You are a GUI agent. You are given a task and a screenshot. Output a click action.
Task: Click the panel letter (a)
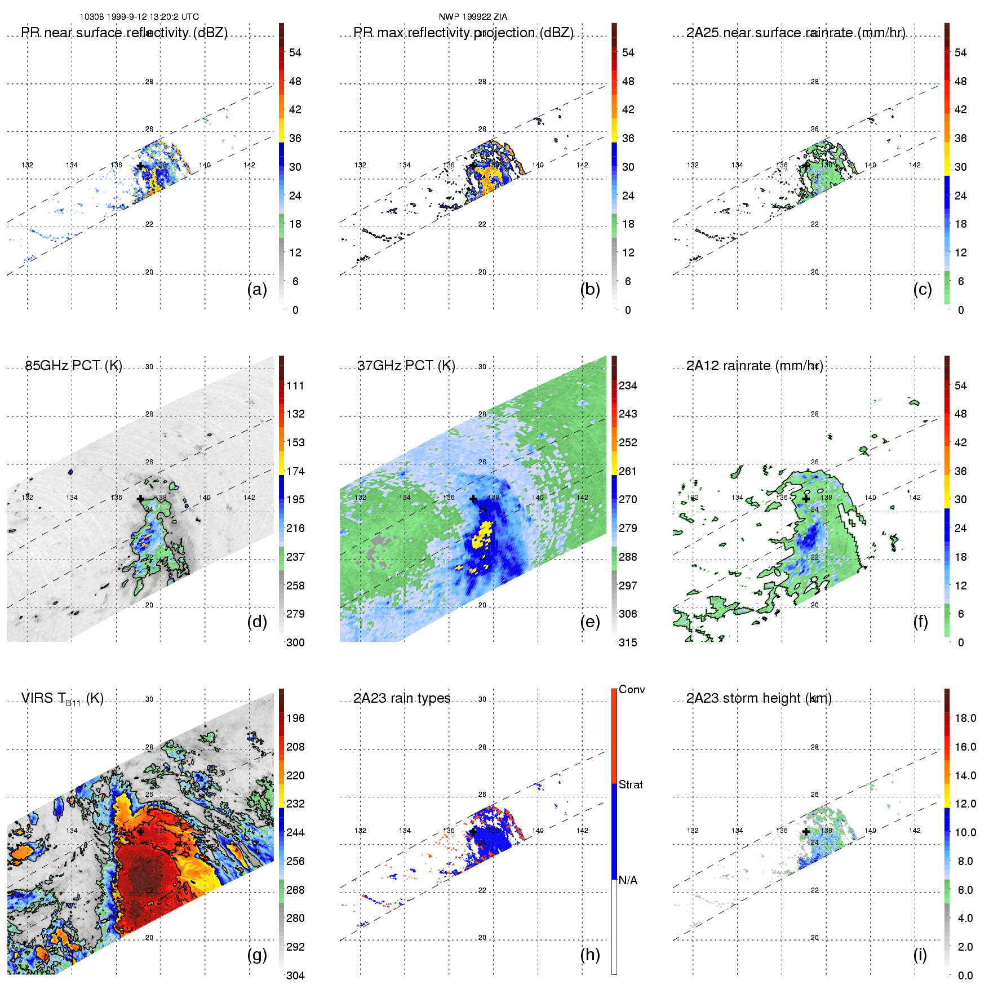pyautogui.click(x=257, y=289)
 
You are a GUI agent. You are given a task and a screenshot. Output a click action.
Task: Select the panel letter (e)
pyautogui.click(x=590, y=622)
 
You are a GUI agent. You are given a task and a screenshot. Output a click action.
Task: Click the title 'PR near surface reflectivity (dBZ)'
pyautogui.click(x=124, y=33)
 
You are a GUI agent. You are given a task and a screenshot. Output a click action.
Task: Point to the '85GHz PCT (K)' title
pyautogui.click(x=73, y=365)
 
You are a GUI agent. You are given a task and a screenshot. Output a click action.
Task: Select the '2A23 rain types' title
pyautogui.click(x=402, y=698)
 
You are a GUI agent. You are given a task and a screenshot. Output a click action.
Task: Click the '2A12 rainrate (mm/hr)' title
pyautogui.click(x=755, y=365)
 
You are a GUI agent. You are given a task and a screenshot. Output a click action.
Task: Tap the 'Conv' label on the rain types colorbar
pyautogui.click(x=632, y=689)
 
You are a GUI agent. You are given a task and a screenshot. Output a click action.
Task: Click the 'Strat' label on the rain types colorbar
pyautogui.click(x=631, y=784)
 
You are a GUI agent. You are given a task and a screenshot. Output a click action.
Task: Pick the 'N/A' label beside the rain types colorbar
pyautogui.click(x=628, y=880)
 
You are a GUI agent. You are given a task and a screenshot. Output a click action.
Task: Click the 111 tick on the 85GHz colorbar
pyautogui.click(x=295, y=385)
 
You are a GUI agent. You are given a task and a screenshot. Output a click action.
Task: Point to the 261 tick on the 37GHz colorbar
pyautogui.click(x=628, y=471)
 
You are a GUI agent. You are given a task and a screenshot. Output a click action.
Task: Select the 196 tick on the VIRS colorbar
pyautogui.click(x=295, y=718)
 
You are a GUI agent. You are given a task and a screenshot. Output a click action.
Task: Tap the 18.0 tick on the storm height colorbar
pyautogui.click(x=965, y=718)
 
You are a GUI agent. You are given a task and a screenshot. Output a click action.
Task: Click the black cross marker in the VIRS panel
pyautogui.click(x=140, y=831)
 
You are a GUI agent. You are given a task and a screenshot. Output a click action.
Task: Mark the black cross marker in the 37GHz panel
pyautogui.click(x=473, y=499)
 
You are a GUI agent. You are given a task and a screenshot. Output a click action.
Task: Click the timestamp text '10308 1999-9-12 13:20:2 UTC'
pyautogui.click(x=139, y=17)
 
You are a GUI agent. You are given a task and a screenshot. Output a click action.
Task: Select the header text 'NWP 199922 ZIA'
pyautogui.click(x=473, y=17)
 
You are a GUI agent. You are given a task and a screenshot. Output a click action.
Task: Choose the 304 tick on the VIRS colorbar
pyautogui.click(x=295, y=975)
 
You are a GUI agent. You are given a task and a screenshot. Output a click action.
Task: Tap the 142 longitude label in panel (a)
pyautogui.click(x=249, y=165)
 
